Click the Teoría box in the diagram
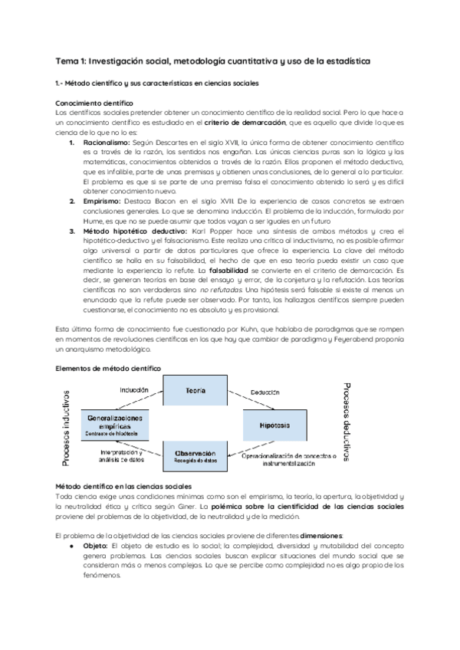click(195, 392)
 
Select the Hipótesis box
click(274, 425)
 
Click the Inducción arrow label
click(133, 390)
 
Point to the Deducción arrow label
click(266, 389)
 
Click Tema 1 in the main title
click(74, 61)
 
